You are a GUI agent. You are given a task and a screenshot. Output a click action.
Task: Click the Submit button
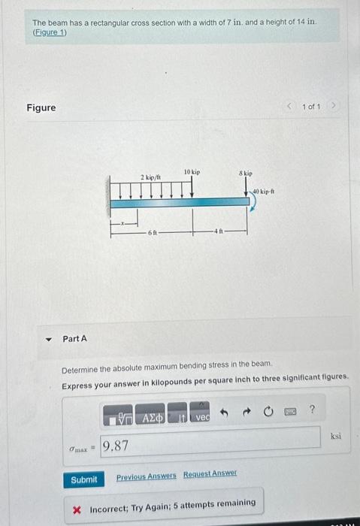(83, 479)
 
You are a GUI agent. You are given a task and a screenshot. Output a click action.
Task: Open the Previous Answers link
(146, 476)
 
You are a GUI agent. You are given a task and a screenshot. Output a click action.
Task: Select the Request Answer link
(210, 474)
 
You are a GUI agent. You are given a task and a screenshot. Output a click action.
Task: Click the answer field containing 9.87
(210, 445)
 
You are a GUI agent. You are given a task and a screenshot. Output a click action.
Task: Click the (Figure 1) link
(49, 33)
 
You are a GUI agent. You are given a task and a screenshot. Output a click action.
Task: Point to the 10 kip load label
(192, 173)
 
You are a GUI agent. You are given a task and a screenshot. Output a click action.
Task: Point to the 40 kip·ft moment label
(264, 192)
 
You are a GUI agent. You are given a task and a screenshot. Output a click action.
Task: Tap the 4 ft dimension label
(218, 231)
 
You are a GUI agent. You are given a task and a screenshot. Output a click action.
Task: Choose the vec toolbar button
(202, 416)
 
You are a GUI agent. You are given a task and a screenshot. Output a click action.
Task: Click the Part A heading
(74, 339)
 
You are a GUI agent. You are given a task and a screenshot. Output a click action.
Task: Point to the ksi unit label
(335, 435)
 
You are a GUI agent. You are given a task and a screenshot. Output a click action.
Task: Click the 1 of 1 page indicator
(311, 107)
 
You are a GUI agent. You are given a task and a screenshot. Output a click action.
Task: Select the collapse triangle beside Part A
(49, 339)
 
